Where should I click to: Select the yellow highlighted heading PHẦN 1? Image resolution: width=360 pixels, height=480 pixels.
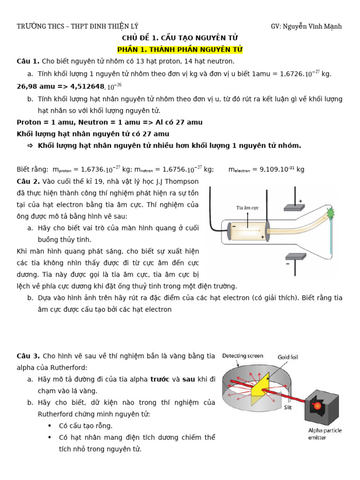pyautogui.click(x=180, y=49)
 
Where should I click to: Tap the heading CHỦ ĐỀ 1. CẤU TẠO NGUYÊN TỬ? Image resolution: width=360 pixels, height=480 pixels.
pyautogui.click(x=180, y=38)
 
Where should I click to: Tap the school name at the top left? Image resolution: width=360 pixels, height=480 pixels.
pyautogui.click(x=77, y=26)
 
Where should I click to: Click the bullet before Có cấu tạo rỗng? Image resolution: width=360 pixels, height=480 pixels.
pyautogui.click(x=50, y=426)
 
